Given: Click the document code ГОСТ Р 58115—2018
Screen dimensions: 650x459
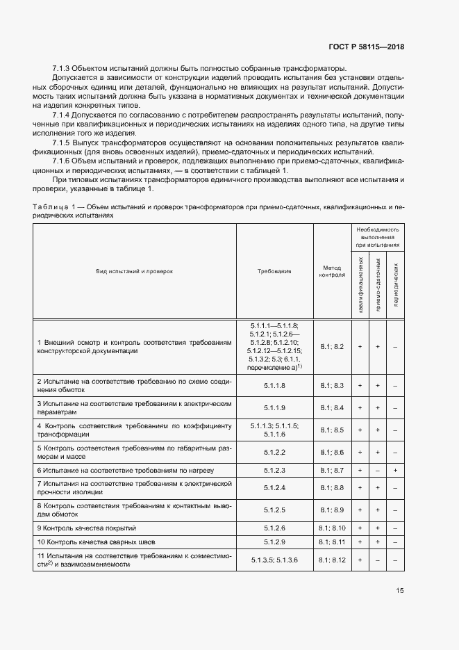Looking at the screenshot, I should [x=366, y=47].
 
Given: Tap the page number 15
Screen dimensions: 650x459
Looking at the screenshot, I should [x=400, y=591].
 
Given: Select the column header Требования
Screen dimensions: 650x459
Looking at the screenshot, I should [x=274, y=271].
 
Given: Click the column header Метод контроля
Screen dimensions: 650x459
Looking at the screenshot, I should [x=332, y=271].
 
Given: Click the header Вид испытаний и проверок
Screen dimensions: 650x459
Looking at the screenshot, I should [x=134, y=271].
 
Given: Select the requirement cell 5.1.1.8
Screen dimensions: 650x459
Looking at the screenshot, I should [x=274, y=384].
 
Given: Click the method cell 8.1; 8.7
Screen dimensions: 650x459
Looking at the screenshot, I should [x=332, y=471].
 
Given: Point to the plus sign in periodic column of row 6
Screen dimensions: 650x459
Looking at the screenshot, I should [x=395, y=471].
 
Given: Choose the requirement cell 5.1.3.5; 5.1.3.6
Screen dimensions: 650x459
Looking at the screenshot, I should [x=274, y=560].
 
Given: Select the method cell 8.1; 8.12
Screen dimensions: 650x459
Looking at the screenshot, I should [x=332, y=560].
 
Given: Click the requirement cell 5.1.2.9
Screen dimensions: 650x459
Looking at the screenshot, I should [x=274, y=542].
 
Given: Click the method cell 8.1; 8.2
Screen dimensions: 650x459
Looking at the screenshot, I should [x=332, y=346].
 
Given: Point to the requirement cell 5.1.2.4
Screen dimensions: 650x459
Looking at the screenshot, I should [x=274, y=488].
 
